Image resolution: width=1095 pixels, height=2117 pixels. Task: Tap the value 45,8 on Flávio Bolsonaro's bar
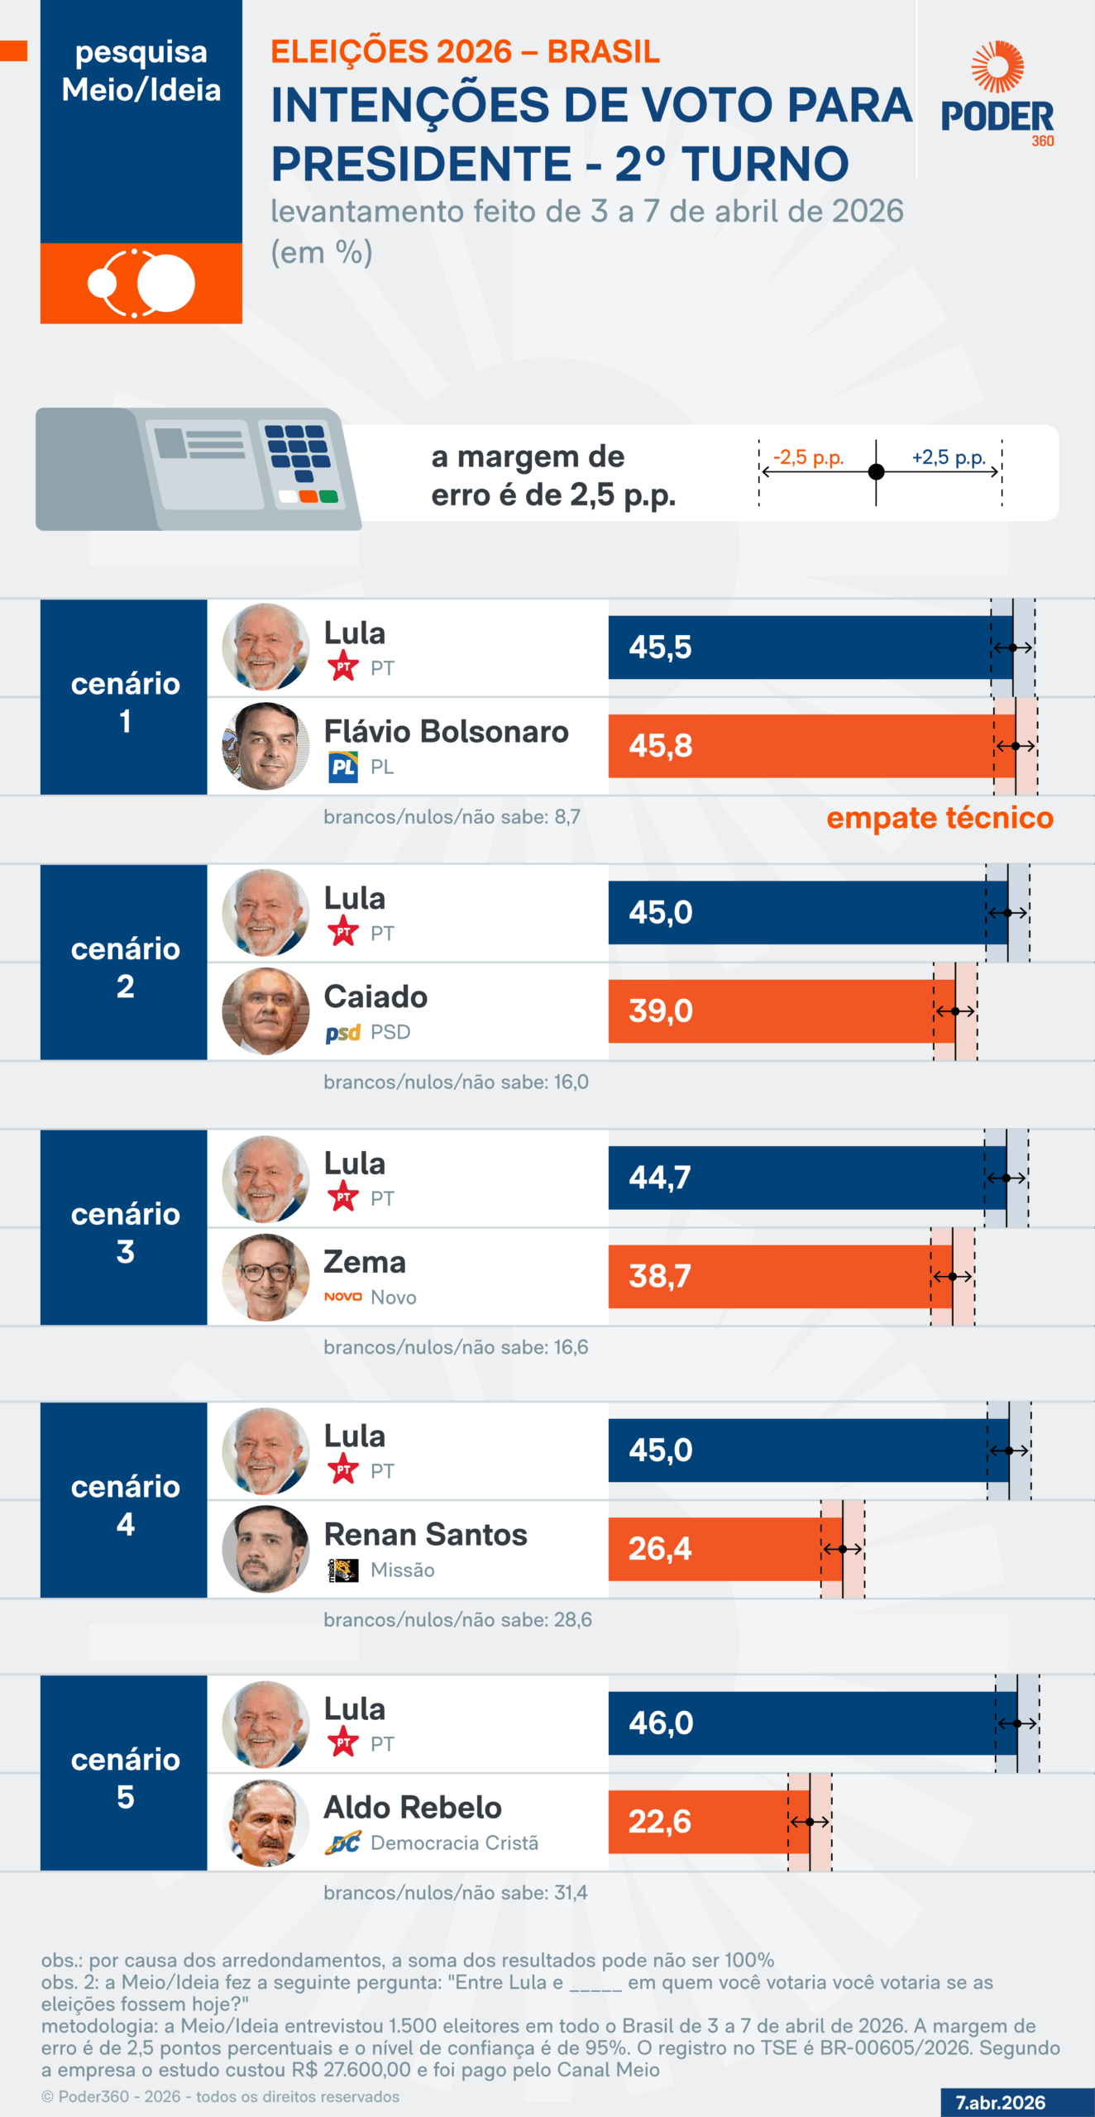[660, 746]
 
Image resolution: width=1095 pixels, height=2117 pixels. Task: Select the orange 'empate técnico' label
[940, 818]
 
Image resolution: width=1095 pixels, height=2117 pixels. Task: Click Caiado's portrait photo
[265, 1011]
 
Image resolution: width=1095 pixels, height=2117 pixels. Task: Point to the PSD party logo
[342, 1033]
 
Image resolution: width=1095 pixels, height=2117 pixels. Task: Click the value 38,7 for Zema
[659, 1276]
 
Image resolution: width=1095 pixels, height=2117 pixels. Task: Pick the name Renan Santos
[425, 1534]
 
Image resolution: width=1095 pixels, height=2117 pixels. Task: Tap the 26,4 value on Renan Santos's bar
[659, 1548]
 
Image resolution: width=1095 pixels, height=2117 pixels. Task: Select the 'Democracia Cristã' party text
[454, 1842]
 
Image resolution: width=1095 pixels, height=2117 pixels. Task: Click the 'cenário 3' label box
[124, 1231]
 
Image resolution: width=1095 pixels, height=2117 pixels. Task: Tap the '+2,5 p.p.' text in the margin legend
[949, 457]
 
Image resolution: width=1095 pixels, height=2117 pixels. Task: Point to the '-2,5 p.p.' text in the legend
[808, 457]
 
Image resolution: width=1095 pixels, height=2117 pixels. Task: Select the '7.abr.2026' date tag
[1000, 2102]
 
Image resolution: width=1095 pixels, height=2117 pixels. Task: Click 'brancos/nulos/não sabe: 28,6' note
[457, 1619]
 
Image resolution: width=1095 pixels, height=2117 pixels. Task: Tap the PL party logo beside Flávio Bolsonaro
[342, 767]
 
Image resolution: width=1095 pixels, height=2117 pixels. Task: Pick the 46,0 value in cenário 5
[660, 1723]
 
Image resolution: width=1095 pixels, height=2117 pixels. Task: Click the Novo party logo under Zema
[342, 1297]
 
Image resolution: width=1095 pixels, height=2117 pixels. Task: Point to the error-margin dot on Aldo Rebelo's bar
[810, 1822]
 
